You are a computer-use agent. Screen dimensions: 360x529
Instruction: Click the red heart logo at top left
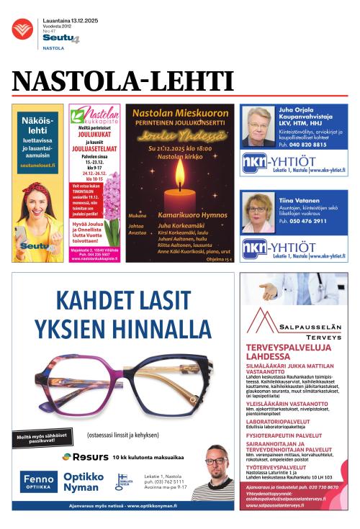click(22, 30)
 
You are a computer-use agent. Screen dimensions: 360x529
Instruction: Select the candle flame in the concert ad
click(179, 175)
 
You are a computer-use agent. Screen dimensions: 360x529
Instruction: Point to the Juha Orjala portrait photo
click(258, 127)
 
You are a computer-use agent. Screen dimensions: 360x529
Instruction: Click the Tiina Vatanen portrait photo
click(258, 213)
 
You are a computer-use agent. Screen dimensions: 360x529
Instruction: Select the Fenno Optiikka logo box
click(39, 481)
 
